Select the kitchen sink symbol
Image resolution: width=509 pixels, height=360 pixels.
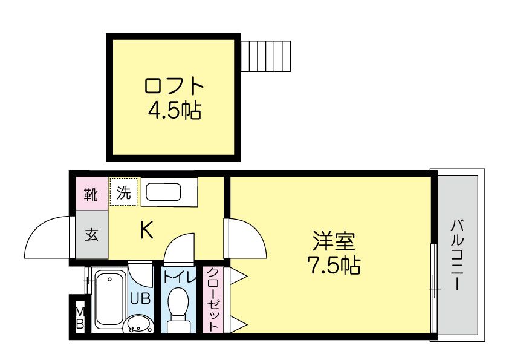tap(164, 193)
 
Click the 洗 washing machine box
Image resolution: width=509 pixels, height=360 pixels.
tap(124, 193)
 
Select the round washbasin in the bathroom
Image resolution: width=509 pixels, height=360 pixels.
tap(140, 325)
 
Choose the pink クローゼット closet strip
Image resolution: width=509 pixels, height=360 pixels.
tap(213, 299)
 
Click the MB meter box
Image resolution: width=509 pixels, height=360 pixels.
tap(80, 316)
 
